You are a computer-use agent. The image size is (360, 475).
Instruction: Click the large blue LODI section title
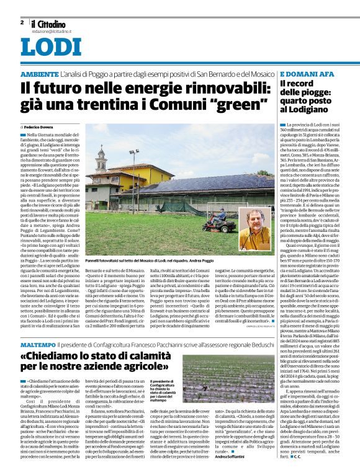coord(50,47)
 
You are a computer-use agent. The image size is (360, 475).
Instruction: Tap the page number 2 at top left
coord(22,22)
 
